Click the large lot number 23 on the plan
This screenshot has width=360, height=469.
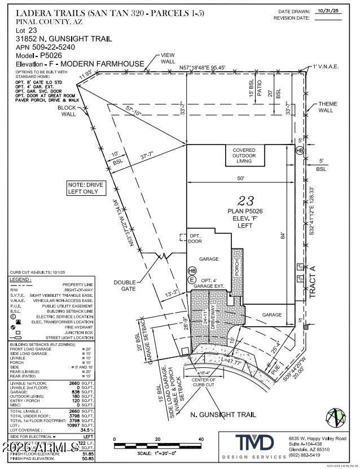point(245,200)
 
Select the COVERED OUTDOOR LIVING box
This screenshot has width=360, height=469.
point(244,156)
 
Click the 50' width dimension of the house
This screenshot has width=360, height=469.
point(241,178)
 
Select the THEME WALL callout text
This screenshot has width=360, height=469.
point(328,107)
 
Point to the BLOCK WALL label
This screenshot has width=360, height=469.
point(68,110)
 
